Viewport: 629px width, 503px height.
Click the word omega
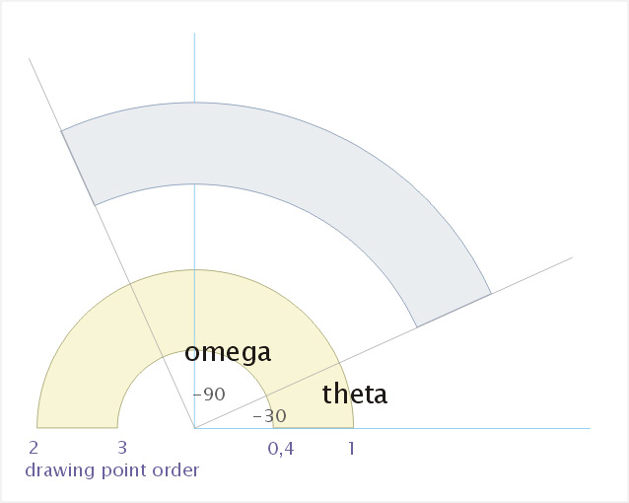click(x=228, y=352)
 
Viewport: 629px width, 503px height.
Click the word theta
click(x=355, y=394)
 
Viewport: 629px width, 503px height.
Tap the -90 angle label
click(x=209, y=395)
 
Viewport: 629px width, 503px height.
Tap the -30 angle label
click(x=269, y=416)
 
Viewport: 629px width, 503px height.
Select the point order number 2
click(x=34, y=448)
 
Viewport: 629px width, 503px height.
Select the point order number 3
click(x=122, y=448)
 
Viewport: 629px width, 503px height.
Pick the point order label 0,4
click(x=281, y=449)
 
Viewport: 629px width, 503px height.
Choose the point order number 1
click(x=351, y=448)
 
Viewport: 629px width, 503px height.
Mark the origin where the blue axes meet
click(x=194, y=428)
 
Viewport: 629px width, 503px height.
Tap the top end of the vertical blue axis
click(x=194, y=34)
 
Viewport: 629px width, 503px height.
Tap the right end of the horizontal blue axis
click(x=591, y=428)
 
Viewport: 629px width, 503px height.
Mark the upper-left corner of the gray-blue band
click(x=61, y=131)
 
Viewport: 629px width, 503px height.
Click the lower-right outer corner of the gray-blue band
click(x=491, y=294)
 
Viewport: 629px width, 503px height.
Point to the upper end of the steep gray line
click(x=29, y=58)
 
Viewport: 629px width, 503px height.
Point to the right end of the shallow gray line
click(x=573, y=257)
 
